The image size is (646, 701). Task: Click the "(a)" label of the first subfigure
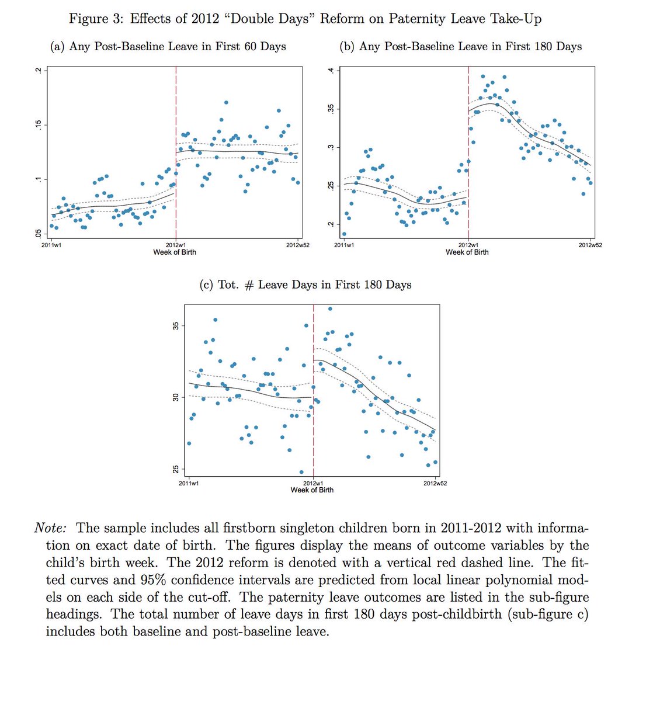pyautogui.click(x=57, y=46)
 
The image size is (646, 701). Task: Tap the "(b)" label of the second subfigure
pyautogui.click(x=348, y=46)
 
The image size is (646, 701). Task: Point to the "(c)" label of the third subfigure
pyautogui.click(x=207, y=284)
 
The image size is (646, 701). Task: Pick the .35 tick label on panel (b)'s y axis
pyautogui.click(x=331, y=109)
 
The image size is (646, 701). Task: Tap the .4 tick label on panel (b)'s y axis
pyautogui.click(x=331, y=71)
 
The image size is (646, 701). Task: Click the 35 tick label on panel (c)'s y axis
pyautogui.click(x=175, y=325)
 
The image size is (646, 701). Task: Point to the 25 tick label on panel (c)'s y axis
pyautogui.click(x=175, y=469)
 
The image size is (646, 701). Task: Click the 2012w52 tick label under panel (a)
pyautogui.click(x=297, y=245)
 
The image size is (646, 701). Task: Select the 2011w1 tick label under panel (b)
pyautogui.click(x=344, y=245)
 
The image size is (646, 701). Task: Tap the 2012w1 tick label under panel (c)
pyautogui.click(x=313, y=483)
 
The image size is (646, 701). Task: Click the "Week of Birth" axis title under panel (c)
pyautogui.click(x=312, y=490)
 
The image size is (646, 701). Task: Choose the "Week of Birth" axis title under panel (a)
pyautogui.click(x=175, y=252)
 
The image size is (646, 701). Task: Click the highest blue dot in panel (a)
pyautogui.click(x=226, y=102)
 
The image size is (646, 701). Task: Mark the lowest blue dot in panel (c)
pyautogui.click(x=301, y=472)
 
